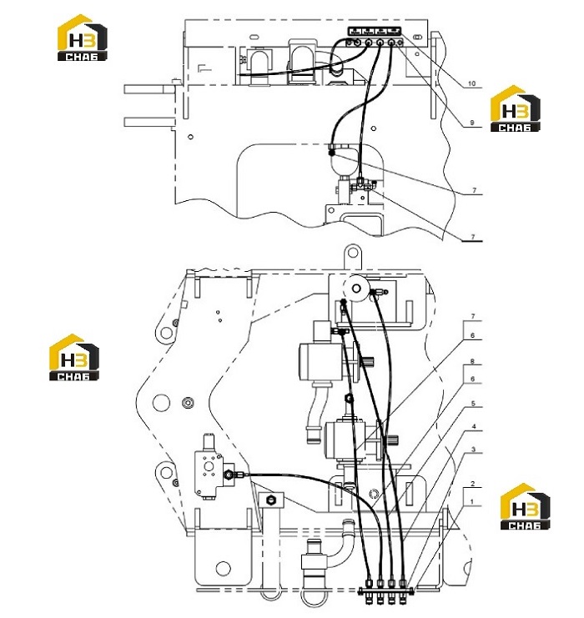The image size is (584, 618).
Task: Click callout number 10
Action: point(471,83)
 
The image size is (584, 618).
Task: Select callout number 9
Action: point(472,123)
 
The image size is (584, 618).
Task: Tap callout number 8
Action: point(472,361)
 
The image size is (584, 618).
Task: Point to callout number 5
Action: point(473,403)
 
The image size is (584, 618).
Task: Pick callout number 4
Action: point(474,426)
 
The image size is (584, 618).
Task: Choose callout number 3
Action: point(473,450)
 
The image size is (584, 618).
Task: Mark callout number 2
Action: point(473,484)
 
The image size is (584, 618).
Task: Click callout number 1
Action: point(472,502)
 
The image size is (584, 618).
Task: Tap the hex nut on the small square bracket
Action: point(270,500)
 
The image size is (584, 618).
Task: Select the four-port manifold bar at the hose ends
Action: point(385,590)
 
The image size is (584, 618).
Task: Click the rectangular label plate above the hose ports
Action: point(374,31)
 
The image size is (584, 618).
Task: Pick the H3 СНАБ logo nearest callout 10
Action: point(515,108)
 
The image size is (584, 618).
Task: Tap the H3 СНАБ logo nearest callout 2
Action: point(525,506)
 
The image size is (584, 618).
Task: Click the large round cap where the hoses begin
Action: point(356,289)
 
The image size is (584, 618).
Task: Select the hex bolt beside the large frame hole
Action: point(188,403)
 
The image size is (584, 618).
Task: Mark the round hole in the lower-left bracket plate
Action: point(224,568)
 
